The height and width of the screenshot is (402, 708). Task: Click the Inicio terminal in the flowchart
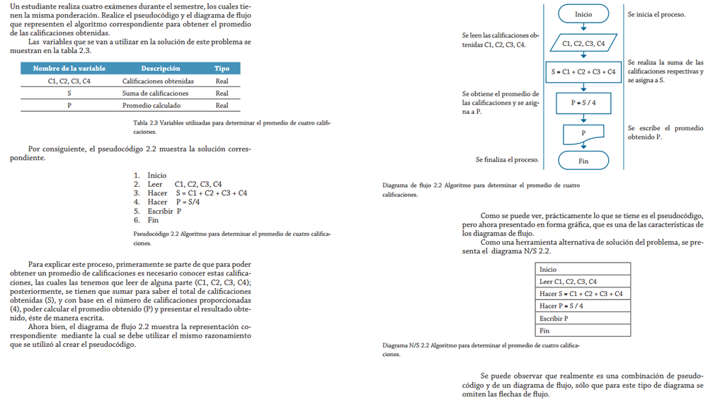(x=583, y=14)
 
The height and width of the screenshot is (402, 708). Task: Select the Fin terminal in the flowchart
(x=583, y=161)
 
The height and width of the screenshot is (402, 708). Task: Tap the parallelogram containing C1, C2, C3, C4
(x=583, y=43)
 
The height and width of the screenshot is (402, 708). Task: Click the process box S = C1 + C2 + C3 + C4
(x=583, y=72)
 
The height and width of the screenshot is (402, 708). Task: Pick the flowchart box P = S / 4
(x=583, y=102)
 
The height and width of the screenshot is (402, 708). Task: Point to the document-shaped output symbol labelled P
(x=583, y=132)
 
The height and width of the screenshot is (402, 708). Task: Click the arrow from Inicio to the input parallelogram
(x=583, y=28)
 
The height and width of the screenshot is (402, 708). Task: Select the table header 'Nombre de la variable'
(x=69, y=69)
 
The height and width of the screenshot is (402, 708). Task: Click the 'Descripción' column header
(x=161, y=69)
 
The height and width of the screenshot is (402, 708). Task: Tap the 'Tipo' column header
(x=222, y=69)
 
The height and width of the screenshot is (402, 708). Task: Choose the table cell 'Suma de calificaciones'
(x=155, y=93)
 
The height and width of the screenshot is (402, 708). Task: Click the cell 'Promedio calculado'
(x=152, y=105)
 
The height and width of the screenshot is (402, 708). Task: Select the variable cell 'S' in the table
(x=69, y=93)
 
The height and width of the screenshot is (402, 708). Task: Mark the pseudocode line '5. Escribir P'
(x=157, y=211)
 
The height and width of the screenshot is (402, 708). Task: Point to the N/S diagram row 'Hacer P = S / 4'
(x=583, y=306)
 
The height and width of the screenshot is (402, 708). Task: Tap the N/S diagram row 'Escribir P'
(x=583, y=318)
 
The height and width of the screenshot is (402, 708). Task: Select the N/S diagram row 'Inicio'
(x=583, y=270)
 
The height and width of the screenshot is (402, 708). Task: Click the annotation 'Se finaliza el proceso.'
(x=507, y=159)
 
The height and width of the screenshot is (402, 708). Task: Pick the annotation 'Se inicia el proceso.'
(x=656, y=14)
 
